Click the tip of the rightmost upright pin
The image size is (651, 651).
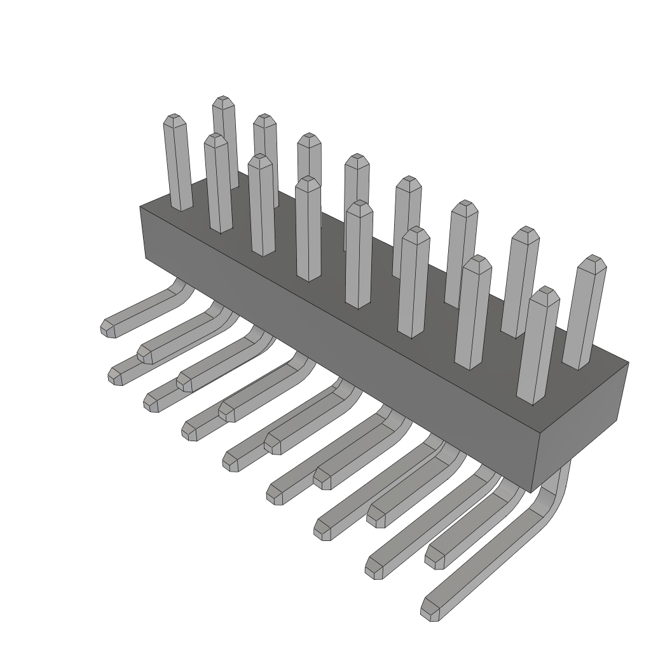pos(594,261)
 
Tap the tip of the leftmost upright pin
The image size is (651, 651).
pos(174,120)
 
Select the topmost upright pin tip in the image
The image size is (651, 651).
pos(221,101)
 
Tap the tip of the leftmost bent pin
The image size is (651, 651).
pos(109,328)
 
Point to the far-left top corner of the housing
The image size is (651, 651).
pos(140,207)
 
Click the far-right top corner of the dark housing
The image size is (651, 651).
pos(628,363)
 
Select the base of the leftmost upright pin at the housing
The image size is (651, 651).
pos(182,207)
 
